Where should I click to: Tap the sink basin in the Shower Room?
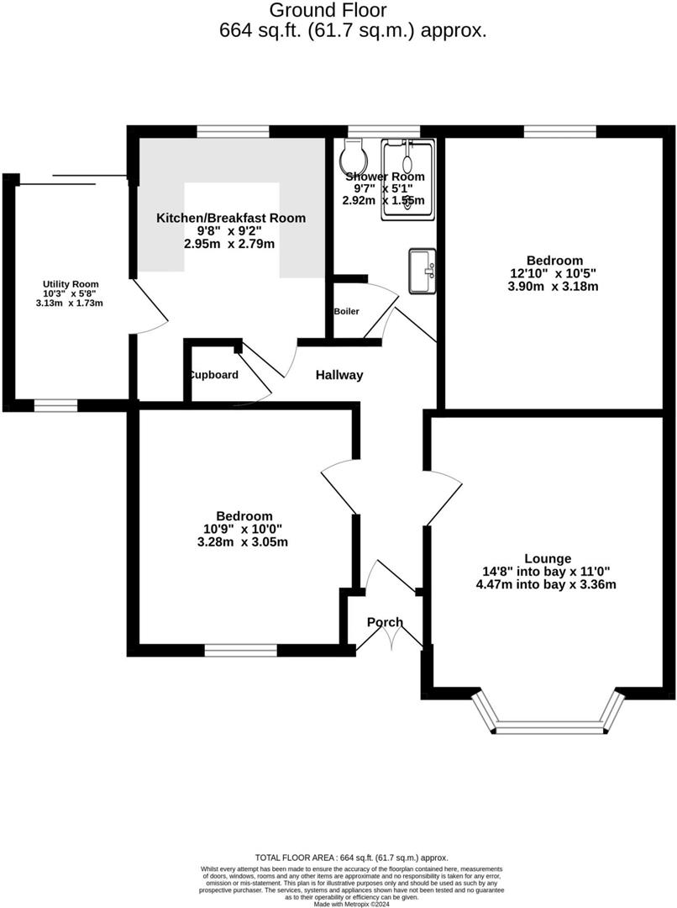point(422,271)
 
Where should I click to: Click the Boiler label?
point(346,311)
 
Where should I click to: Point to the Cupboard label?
point(213,375)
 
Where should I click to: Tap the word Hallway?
point(339,375)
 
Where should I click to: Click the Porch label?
point(385,622)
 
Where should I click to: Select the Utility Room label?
point(71,284)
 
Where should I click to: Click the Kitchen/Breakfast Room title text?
point(231,218)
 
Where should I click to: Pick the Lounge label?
point(548,558)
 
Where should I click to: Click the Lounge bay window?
point(549,723)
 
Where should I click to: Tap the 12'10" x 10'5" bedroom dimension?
point(554,273)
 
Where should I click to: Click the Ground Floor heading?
point(328,10)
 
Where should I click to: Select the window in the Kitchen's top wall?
point(233,131)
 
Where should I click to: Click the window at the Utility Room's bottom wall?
point(55,405)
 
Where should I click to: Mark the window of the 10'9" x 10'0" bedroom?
point(241,649)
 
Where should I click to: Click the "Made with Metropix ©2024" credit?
point(352,905)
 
